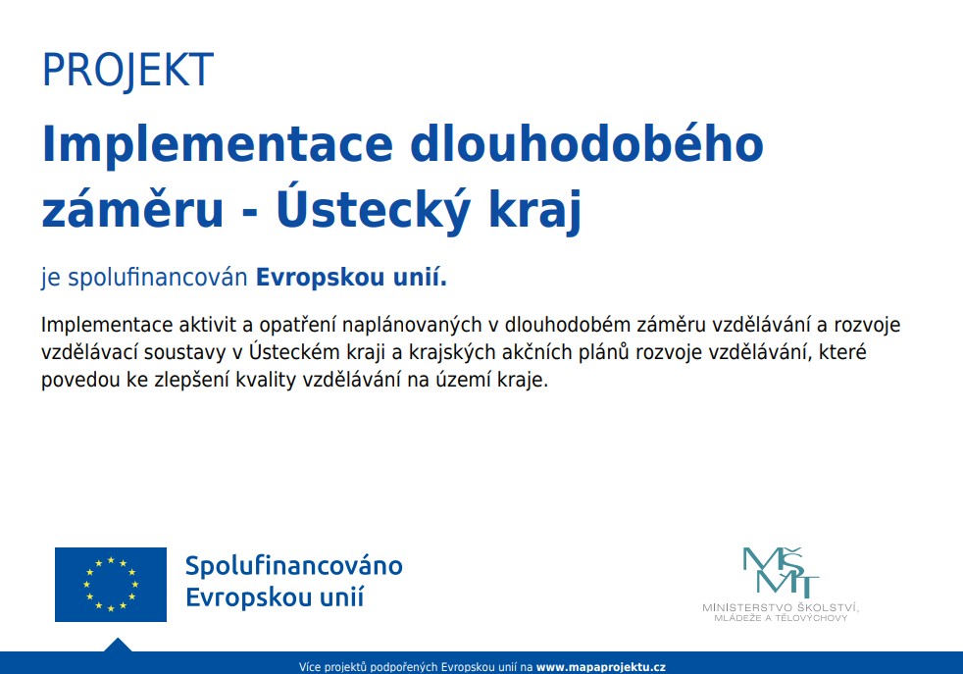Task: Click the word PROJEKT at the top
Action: pyautogui.click(x=127, y=70)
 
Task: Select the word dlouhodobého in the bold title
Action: pyautogui.click(x=586, y=144)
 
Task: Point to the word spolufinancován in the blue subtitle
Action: pyautogui.click(x=157, y=278)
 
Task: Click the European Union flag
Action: pyautogui.click(x=111, y=585)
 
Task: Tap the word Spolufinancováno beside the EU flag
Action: pyautogui.click(x=294, y=566)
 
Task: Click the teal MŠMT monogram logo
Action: pyautogui.click(x=781, y=571)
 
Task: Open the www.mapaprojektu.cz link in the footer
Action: pyautogui.click(x=600, y=666)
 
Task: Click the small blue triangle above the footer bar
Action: pyautogui.click(x=118, y=646)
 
